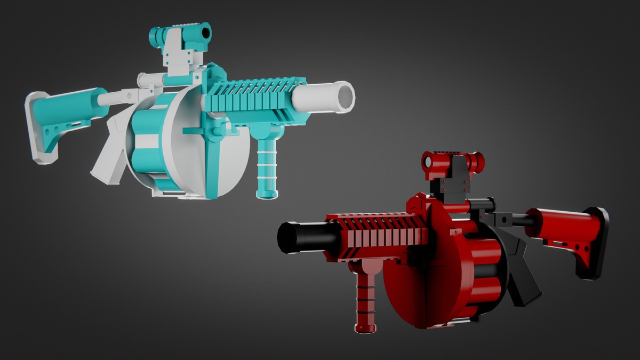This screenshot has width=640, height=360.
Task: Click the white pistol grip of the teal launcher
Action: [x=109, y=155]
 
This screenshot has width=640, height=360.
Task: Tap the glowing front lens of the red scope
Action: [x=427, y=160]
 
